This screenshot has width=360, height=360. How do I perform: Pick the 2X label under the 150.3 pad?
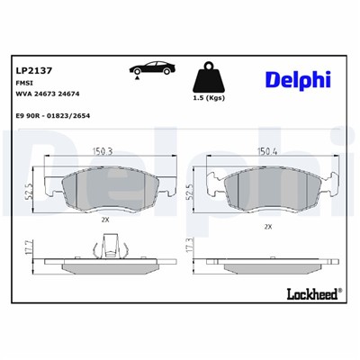pyautogui.click(x=104, y=218)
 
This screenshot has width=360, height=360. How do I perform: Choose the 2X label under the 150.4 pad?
pyautogui.click(x=268, y=227)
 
